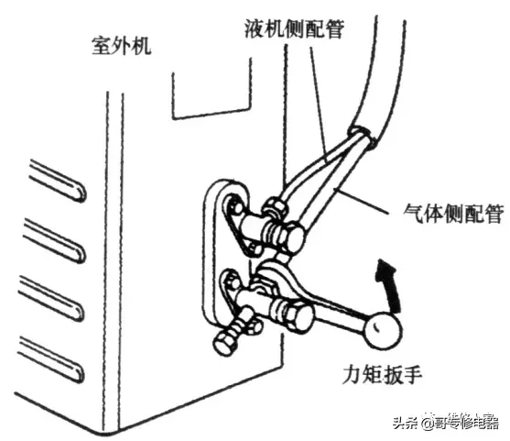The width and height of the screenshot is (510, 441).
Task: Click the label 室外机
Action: click(x=122, y=46)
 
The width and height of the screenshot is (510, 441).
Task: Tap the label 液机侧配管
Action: click(x=294, y=28)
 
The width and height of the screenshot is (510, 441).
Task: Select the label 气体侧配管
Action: click(x=453, y=214)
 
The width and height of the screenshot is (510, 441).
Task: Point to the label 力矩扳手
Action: click(x=383, y=375)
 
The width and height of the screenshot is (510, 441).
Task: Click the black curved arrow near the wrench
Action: click(x=387, y=283)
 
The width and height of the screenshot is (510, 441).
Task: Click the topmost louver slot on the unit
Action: click(x=58, y=181)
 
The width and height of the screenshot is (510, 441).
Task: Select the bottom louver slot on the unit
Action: click(x=51, y=359)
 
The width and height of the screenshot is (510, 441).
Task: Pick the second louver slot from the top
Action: click(x=55, y=240)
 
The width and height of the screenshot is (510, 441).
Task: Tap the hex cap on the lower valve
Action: click(x=300, y=316)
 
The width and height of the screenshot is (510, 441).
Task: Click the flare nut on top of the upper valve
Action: click(x=276, y=206)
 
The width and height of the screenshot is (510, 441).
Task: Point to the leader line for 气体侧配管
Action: click(x=361, y=201)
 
